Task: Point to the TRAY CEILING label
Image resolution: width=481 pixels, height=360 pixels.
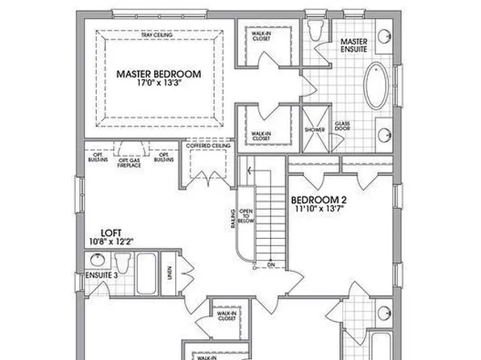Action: coord(157,36)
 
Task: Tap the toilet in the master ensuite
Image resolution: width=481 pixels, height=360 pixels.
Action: coord(315,31)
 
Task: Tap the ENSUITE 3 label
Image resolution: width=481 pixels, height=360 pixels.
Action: coord(100,275)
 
